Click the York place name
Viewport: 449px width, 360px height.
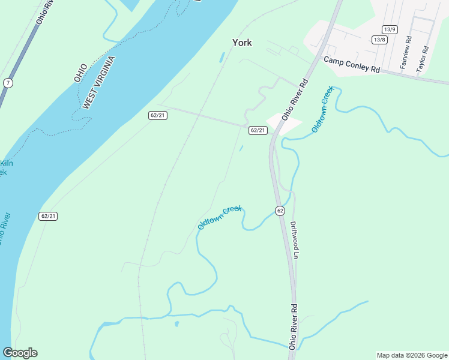point(242,43)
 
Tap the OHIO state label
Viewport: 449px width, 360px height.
point(80,73)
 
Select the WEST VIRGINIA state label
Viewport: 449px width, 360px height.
point(98,83)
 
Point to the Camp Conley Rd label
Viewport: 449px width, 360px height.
point(352,65)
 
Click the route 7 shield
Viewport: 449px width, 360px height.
point(7,83)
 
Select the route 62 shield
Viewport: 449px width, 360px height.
point(280,211)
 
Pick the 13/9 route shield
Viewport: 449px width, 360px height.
point(389,29)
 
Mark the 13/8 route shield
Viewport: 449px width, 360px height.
point(379,40)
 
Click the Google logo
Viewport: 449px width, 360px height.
point(20,353)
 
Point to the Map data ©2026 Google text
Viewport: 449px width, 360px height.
point(411,355)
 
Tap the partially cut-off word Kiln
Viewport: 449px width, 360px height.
point(6,163)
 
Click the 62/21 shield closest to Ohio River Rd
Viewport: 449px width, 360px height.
point(258,130)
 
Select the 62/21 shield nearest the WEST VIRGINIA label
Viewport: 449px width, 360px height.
point(158,115)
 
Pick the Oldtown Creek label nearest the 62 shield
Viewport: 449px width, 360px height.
point(220,217)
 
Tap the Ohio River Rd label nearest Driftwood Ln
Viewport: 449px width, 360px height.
point(294,326)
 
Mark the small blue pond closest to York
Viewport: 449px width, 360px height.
point(222,58)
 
